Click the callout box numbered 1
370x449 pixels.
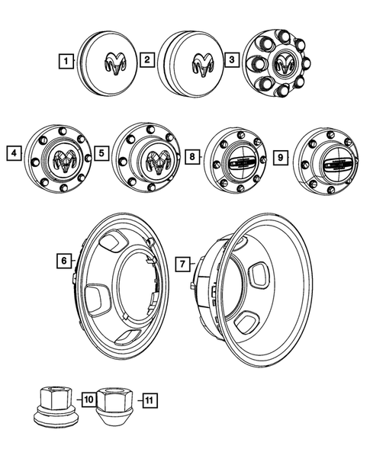(69, 59)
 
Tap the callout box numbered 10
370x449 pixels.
(88, 398)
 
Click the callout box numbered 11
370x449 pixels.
(149, 398)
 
